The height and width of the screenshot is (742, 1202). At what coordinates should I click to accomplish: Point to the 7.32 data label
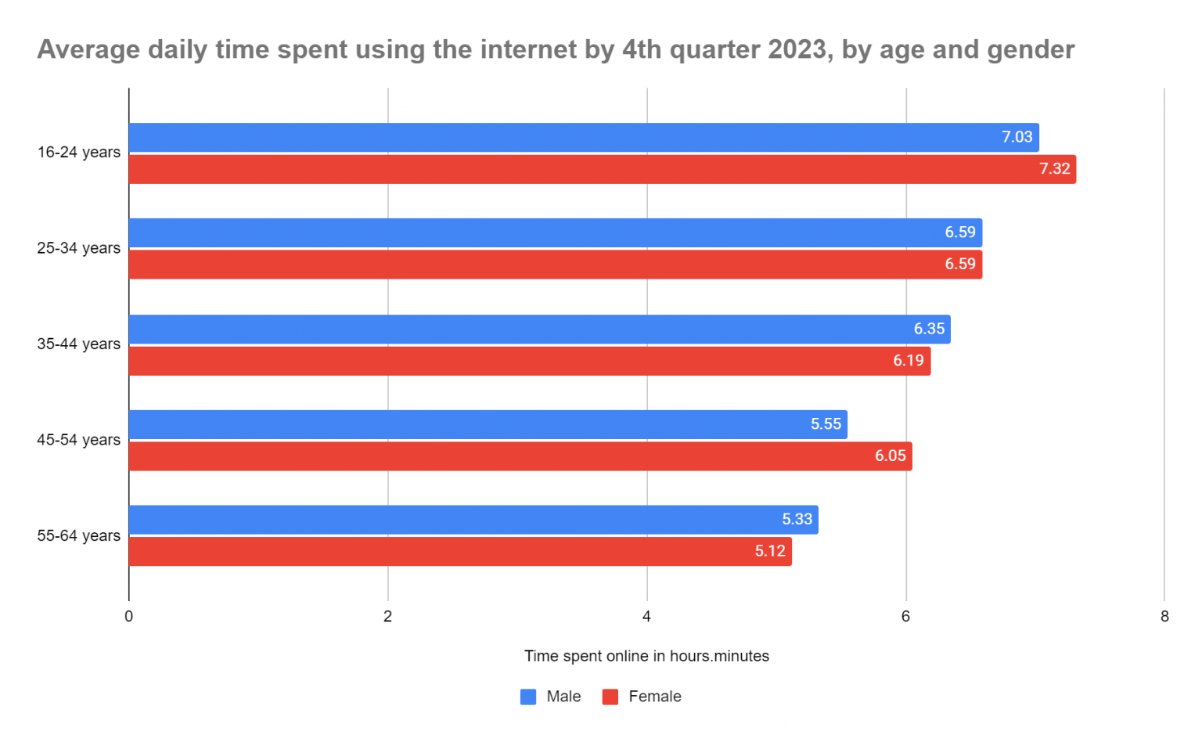coord(1054,169)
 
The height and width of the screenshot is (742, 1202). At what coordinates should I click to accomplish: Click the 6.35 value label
coord(929,329)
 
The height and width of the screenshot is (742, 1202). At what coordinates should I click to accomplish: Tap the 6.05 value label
coord(890,456)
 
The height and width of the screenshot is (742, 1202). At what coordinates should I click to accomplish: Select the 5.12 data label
coord(770,551)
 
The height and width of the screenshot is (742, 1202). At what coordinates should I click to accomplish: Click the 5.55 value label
coord(826,424)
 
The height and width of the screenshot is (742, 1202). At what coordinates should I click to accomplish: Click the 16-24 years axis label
coord(79,153)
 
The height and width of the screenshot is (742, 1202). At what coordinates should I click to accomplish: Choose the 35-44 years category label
coord(79,344)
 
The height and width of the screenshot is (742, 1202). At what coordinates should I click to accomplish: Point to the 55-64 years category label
coord(79,536)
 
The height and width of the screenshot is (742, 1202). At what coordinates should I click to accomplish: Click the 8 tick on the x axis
coord(1164,617)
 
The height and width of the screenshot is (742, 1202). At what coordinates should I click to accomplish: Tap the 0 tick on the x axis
coord(129,617)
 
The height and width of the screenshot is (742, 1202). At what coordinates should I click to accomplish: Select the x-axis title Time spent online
coord(646,657)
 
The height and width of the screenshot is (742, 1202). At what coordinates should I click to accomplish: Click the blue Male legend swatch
coord(528,697)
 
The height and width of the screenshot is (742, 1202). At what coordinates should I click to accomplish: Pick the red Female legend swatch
coord(610,697)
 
